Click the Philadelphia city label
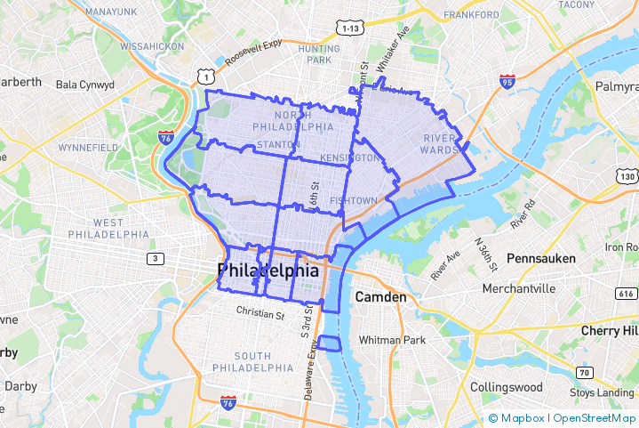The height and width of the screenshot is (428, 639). (x=268, y=270)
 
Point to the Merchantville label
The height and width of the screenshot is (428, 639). (x=519, y=288)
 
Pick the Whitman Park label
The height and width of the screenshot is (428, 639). (x=392, y=340)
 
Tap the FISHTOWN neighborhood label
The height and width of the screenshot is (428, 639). (x=353, y=201)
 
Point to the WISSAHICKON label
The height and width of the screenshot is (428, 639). (x=151, y=45)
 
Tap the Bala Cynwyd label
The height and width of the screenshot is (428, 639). (x=85, y=85)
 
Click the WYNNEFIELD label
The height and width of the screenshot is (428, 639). (x=88, y=147)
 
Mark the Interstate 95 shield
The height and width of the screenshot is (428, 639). (x=507, y=82)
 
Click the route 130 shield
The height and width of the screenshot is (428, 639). (x=626, y=177)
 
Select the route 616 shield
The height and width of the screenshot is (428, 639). (x=626, y=293)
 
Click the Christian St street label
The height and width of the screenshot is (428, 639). (x=260, y=312)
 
